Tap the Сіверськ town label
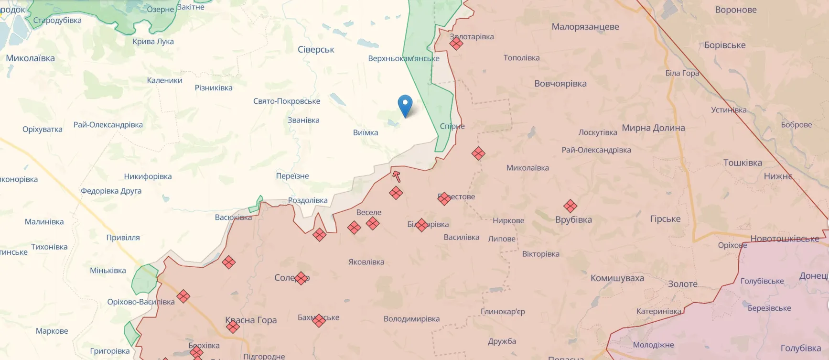316,50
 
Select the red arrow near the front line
396,176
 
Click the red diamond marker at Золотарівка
456,44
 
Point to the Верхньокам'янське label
403,59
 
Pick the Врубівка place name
573,220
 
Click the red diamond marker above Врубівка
570,206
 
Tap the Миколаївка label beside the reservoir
31,58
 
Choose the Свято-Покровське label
287,101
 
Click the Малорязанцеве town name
585,27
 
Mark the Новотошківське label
785,239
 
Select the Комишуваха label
617,278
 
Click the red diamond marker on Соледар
301,278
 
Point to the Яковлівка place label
366,262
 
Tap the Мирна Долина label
653,128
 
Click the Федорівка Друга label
111,191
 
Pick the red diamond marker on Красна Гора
233,327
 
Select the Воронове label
736,10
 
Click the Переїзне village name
292,176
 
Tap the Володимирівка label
411,319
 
